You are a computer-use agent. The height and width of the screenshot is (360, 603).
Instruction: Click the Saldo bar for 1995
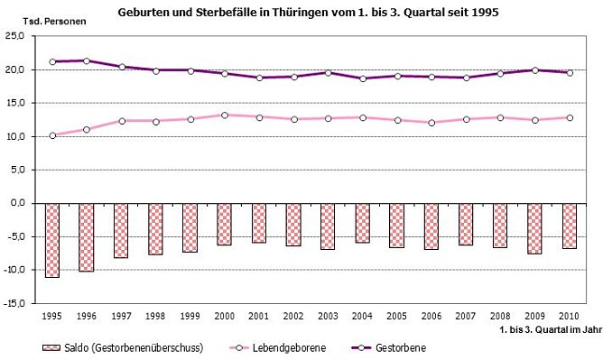(52, 240)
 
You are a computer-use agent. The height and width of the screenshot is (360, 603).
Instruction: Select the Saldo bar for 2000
(225, 224)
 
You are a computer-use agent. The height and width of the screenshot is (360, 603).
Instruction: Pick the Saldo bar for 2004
(363, 223)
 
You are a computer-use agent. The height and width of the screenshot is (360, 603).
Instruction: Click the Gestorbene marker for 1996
(87, 60)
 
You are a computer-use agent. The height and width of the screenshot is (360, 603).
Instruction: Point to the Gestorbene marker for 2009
(534, 70)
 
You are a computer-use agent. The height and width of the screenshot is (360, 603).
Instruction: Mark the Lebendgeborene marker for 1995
(52, 135)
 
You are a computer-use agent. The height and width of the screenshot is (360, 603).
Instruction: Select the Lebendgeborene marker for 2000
(225, 115)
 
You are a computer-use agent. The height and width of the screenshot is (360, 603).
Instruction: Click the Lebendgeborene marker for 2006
(431, 123)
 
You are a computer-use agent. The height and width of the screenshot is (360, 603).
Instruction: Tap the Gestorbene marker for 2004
(363, 78)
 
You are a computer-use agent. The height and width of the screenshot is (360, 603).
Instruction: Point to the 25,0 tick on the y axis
(17, 36)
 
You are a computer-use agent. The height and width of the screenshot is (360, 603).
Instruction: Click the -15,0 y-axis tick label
(15, 304)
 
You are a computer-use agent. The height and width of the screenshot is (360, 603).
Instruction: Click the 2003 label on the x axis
(328, 317)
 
